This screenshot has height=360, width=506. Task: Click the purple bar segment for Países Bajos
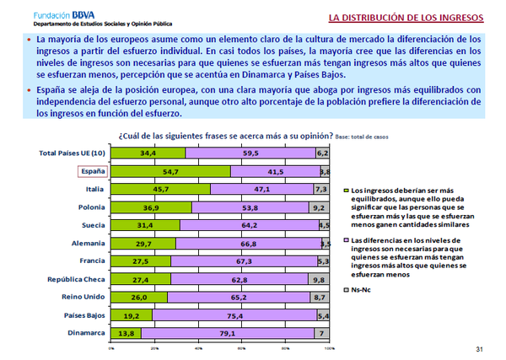234,315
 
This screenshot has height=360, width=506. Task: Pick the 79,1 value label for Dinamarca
226,333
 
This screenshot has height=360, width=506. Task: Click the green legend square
346,192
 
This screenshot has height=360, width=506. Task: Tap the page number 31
480,349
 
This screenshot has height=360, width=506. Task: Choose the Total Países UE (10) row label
73,153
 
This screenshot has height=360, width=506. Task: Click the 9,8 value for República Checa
319,279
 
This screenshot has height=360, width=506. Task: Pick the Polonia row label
89,207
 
